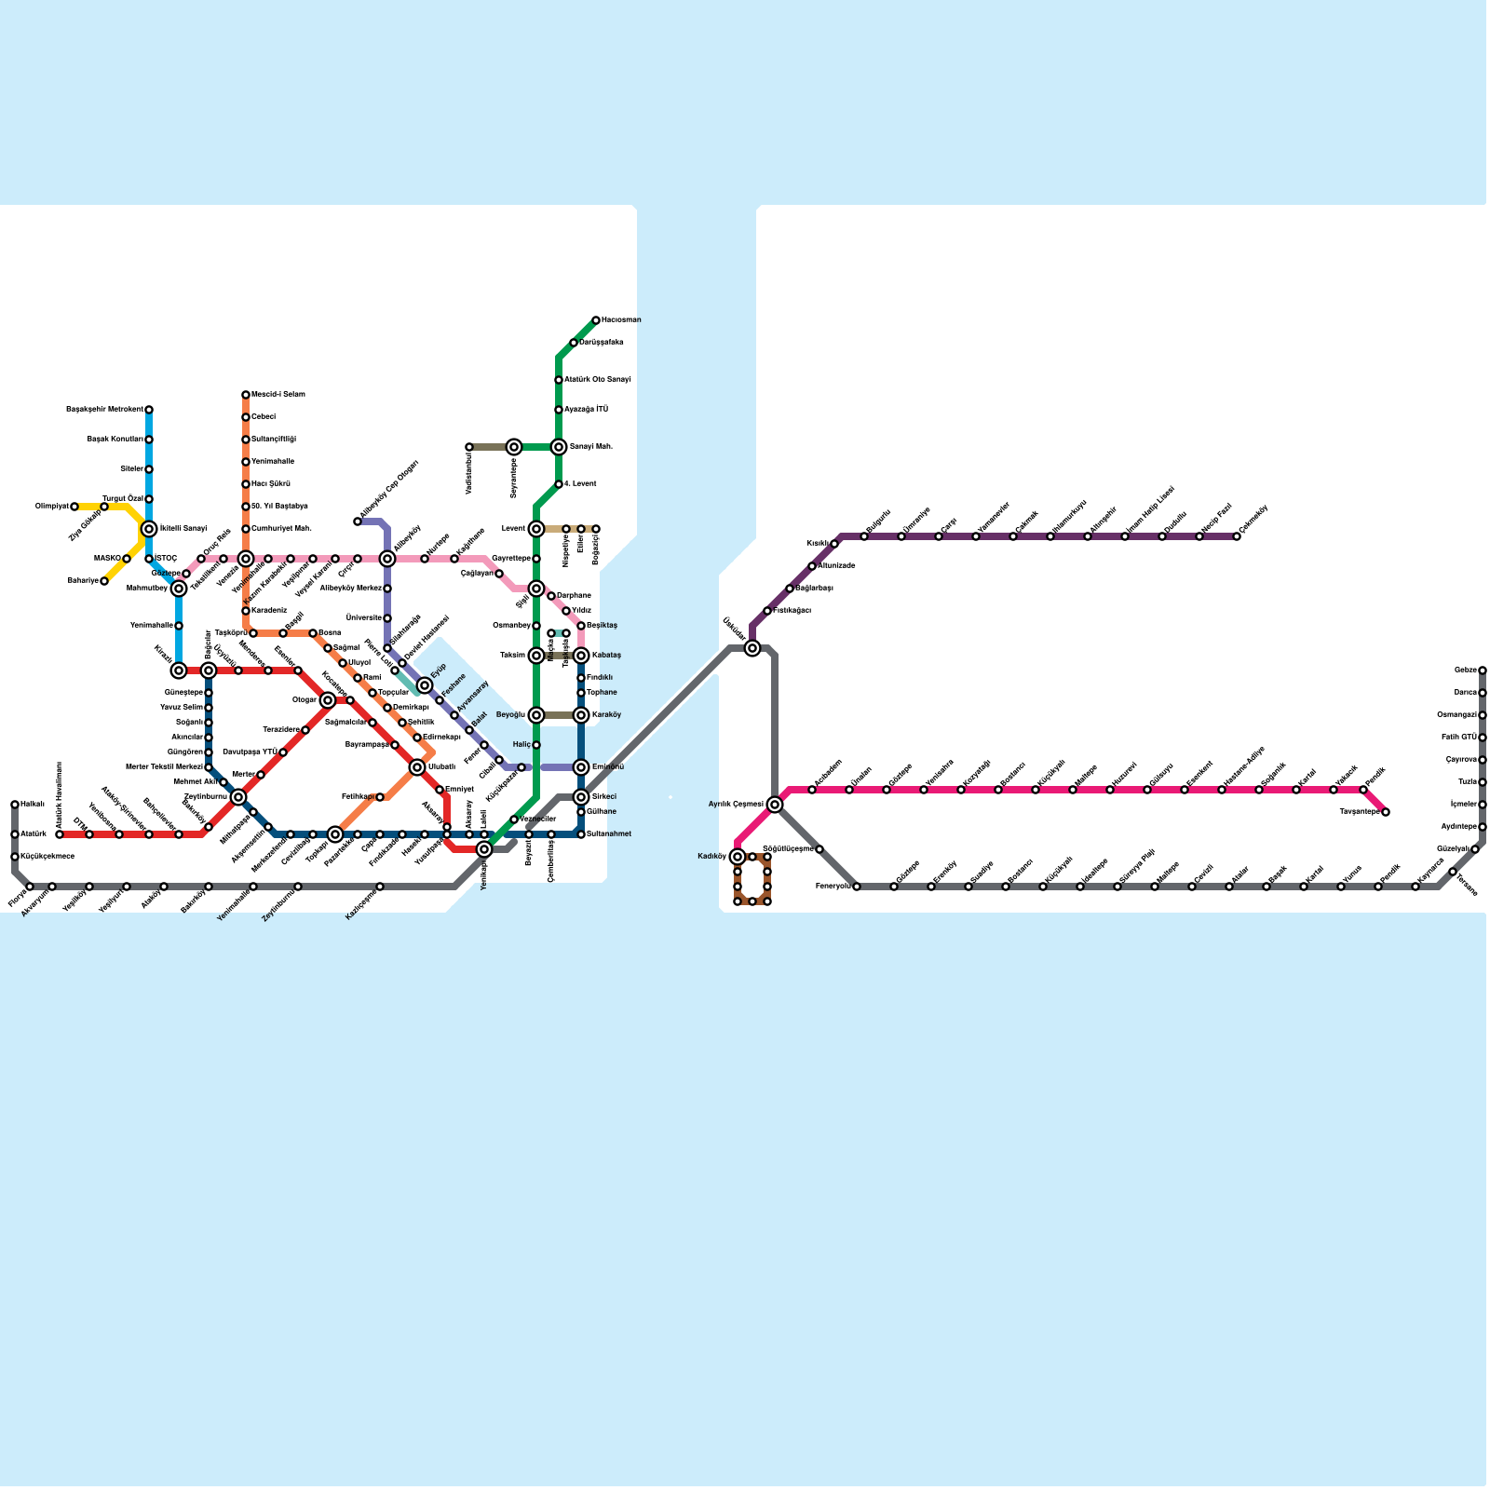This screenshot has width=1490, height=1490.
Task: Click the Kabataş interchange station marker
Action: [581, 656]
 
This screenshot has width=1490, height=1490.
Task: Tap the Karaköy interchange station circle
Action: [581, 715]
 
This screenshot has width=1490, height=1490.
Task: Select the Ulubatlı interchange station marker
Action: [417, 767]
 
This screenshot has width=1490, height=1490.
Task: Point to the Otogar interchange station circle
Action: [328, 700]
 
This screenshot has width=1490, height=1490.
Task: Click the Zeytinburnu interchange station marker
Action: [238, 797]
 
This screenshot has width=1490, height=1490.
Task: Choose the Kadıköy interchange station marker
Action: [738, 857]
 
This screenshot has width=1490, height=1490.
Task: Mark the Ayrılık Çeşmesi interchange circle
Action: [775, 805]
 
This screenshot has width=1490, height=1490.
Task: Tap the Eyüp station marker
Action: [425, 685]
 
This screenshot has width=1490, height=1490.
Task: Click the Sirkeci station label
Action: [603, 797]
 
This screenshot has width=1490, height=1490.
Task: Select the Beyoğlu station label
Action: [511, 715]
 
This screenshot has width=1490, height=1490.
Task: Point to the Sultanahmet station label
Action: [609, 834]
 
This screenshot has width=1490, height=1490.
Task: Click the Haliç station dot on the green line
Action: [536, 745]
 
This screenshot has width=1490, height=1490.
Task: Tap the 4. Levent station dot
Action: [559, 484]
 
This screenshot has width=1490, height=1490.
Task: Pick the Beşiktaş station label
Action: [603, 626]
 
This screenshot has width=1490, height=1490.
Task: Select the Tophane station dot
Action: [581, 693]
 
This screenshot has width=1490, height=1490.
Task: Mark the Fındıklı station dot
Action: [581, 678]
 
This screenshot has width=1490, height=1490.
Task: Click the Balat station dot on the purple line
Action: [469, 730]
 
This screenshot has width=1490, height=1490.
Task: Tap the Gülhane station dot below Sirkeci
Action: [581, 812]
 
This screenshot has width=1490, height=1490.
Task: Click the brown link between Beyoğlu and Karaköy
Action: [559, 715]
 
